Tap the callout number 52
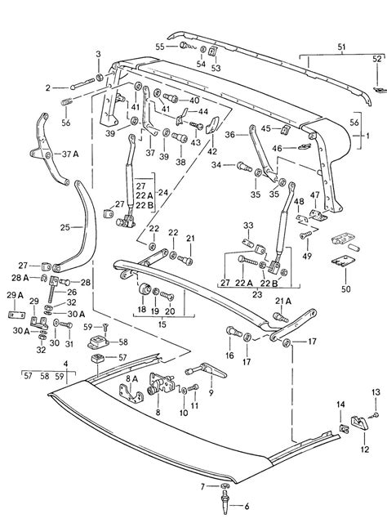tap(377, 60)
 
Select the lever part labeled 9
tap(214, 374)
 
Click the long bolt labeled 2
tap(72, 86)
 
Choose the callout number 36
tap(229, 134)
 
